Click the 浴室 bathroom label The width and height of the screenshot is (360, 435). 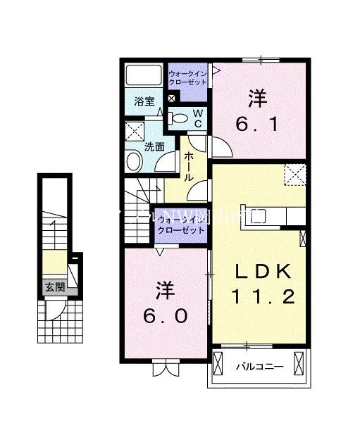point(144,101)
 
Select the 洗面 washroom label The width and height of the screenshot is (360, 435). point(154,146)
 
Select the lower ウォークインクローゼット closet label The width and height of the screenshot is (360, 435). point(182,225)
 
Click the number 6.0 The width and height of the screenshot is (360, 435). point(166,317)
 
